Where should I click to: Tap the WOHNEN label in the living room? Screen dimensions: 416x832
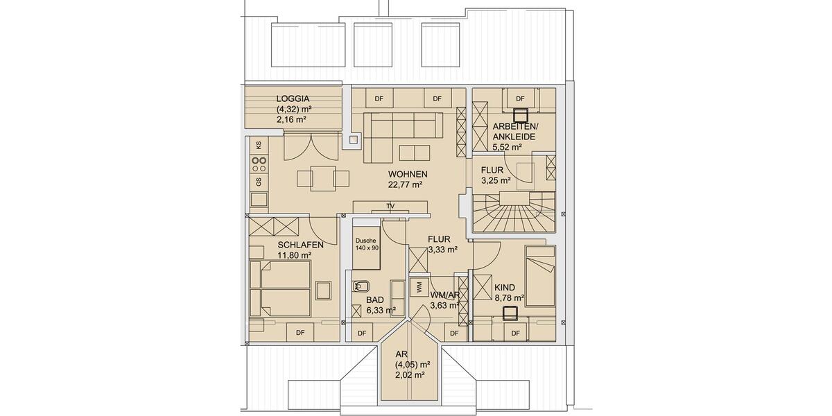pos(407,174)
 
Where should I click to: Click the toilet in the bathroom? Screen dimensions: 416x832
pos(362,286)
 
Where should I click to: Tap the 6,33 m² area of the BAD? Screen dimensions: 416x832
pos(381,310)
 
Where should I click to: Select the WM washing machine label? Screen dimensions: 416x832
pos(418,285)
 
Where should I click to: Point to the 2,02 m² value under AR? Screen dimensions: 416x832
pos(409,374)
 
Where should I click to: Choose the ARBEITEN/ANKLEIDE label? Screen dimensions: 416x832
pos(513,132)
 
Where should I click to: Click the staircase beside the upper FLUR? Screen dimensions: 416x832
pos(514,212)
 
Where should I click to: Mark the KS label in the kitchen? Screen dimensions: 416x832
pos(259,145)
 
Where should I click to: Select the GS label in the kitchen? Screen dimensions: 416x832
pos(259,182)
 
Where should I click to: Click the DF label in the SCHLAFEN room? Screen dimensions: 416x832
pos(300,333)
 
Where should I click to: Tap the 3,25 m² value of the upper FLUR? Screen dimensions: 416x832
pos(496,180)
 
